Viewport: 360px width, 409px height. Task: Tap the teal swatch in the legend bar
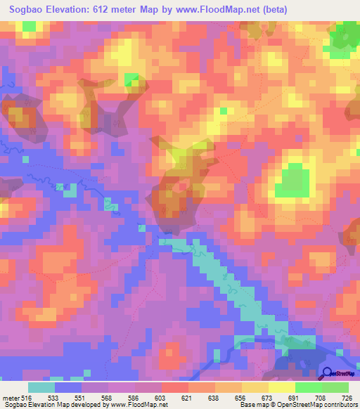41,387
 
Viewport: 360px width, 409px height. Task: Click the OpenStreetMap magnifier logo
328,375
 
